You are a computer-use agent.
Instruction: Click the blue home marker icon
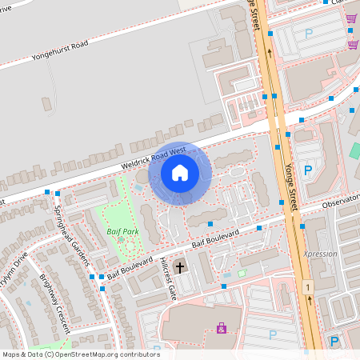(179, 173)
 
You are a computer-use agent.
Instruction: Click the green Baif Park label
(119, 230)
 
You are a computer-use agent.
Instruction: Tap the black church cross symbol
(180, 267)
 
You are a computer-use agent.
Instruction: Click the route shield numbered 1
(307, 286)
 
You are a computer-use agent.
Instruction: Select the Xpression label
(320, 254)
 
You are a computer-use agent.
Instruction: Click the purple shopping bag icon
(222, 327)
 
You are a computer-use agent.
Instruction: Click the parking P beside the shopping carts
(309, 34)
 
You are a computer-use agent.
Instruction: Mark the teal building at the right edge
(354, 150)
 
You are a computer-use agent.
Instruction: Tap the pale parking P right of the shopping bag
(272, 334)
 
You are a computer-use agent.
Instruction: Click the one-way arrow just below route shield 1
(310, 301)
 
